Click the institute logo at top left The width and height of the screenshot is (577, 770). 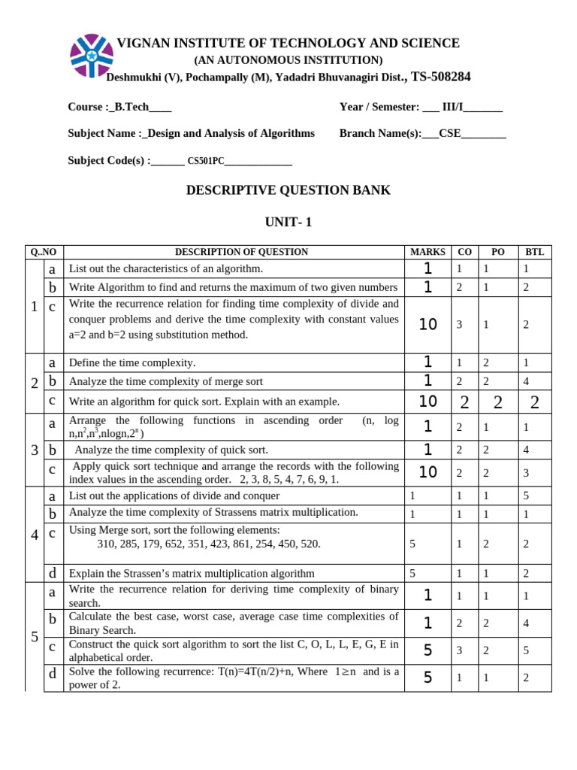click(x=92, y=56)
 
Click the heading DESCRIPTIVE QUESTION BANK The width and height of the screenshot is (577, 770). click(x=288, y=190)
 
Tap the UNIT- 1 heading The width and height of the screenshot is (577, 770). click(x=288, y=222)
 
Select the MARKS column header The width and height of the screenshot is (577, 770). click(x=427, y=252)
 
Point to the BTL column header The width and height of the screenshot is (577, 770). click(x=534, y=252)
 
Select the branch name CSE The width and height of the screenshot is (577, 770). click(x=449, y=134)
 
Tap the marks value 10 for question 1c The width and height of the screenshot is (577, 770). click(x=427, y=325)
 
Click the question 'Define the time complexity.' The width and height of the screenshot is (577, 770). click(x=132, y=362)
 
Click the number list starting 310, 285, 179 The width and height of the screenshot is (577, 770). click(x=208, y=544)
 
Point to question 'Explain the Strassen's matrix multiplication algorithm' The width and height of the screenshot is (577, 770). click(x=192, y=573)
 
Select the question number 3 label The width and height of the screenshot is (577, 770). click(x=35, y=450)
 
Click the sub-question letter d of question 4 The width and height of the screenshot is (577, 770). click(x=53, y=573)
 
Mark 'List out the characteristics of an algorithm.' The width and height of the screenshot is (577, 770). click(x=166, y=268)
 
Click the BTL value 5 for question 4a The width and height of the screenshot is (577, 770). click(x=527, y=496)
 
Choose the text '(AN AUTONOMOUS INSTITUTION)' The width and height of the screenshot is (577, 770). click(x=288, y=60)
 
